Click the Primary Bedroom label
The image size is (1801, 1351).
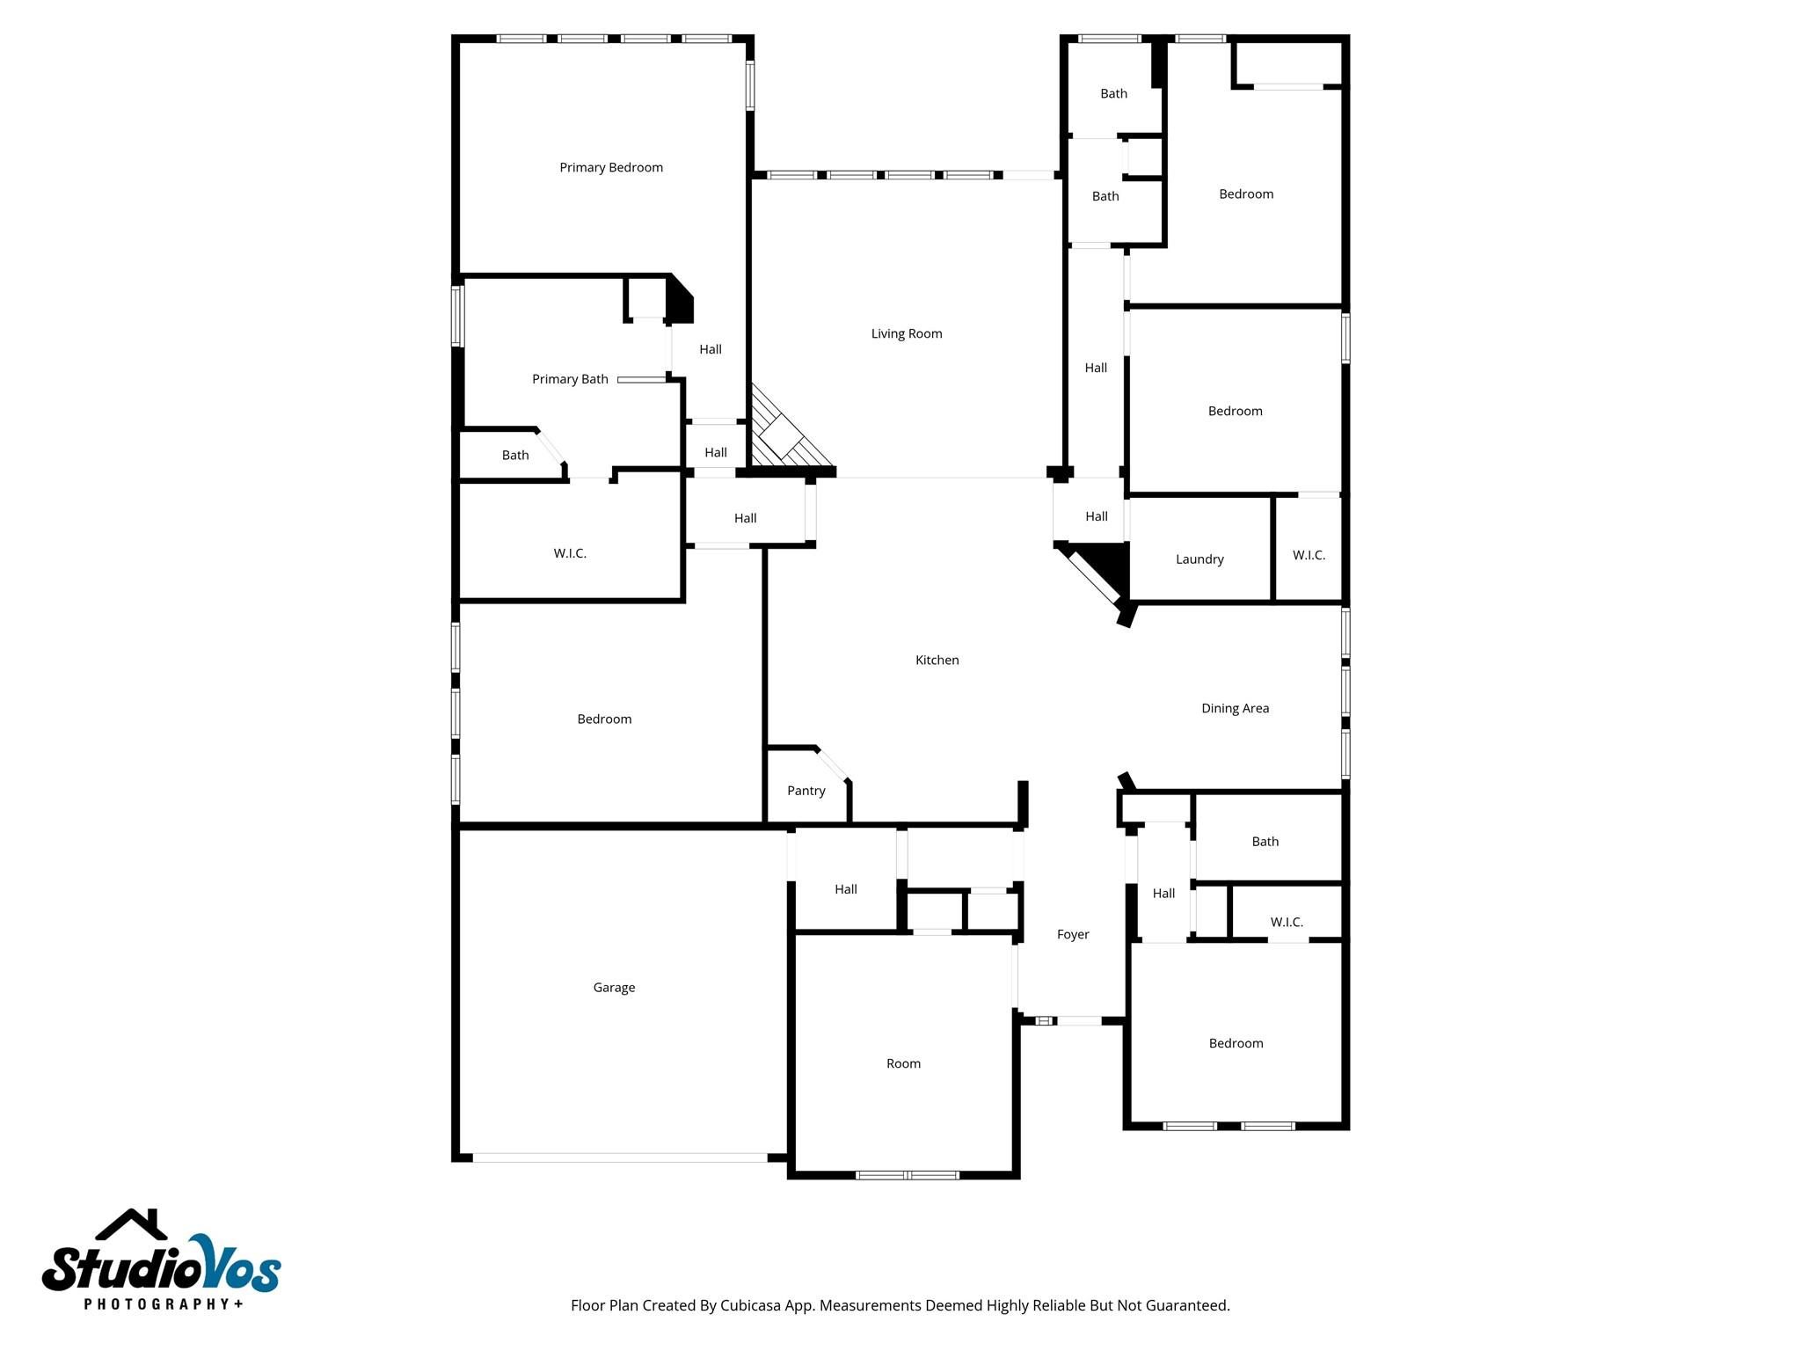tap(611, 167)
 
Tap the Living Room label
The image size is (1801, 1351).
tap(906, 333)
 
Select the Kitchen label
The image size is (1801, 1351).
tap(937, 660)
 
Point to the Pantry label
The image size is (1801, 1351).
tap(806, 791)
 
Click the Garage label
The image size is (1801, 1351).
tap(614, 987)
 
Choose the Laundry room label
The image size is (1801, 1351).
tap(1199, 559)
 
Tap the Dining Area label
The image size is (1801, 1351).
tap(1235, 708)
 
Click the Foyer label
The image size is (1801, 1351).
tap(1072, 934)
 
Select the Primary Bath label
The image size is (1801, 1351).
tap(570, 379)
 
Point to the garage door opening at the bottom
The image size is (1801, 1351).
tap(620, 1157)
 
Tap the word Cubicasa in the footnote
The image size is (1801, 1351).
tap(752, 1305)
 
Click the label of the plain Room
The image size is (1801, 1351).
tap(903, 1063)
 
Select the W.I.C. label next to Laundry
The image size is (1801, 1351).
tap(1309, 555)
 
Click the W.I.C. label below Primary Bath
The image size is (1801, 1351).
tap(570, 553)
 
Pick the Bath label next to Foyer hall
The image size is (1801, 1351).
tap(1265, 842)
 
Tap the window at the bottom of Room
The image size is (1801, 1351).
tap(907, 1175)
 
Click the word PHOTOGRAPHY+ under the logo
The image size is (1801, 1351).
tap(164, 1304)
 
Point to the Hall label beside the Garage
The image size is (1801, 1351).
tap(845, 889)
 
